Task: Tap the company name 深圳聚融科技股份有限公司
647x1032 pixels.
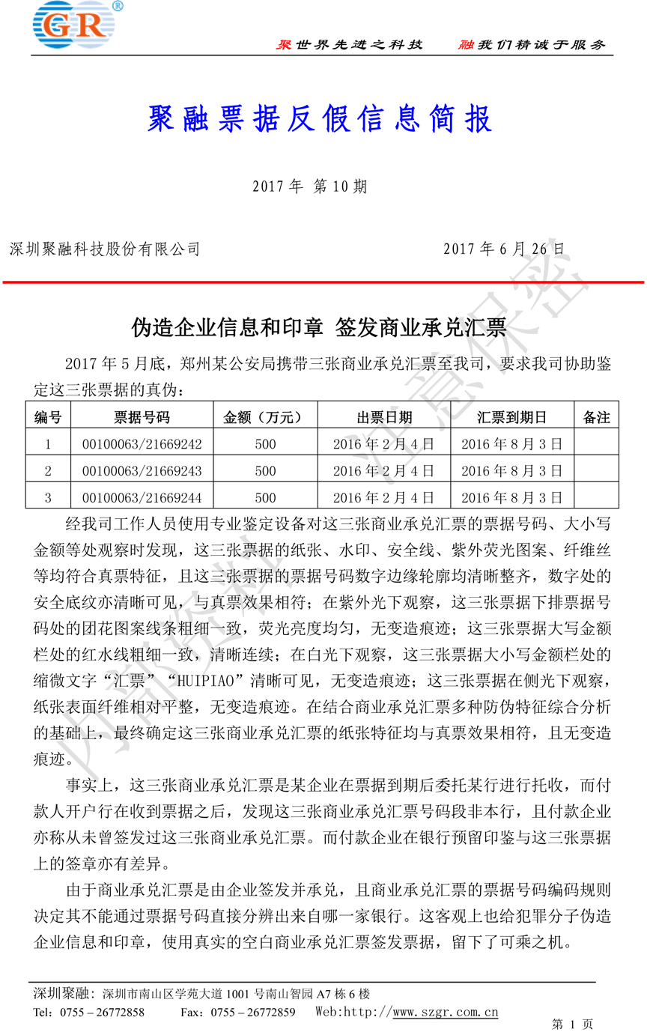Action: [x=104, y=249]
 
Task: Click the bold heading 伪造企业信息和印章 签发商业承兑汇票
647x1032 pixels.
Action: [x=320, y=327]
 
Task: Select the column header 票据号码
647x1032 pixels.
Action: [x=142, y=417]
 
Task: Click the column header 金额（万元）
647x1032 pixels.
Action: [x=265, y=417]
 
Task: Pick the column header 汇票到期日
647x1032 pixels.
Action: [x=511, y=417]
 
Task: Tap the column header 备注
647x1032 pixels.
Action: [x=596, y=417]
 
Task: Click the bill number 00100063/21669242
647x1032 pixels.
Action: [x=142, y=444]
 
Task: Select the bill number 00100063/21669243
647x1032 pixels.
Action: [x=142, y=471]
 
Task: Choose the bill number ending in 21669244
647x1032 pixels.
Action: [x=142, y=497]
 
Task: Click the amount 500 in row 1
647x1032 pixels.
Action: [x=265, y=444]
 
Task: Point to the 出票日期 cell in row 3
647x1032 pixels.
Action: [x=383, y=497]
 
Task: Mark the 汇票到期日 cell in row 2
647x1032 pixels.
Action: [x=511, y=471]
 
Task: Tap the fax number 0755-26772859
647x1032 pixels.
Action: [x=252, y=1013]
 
